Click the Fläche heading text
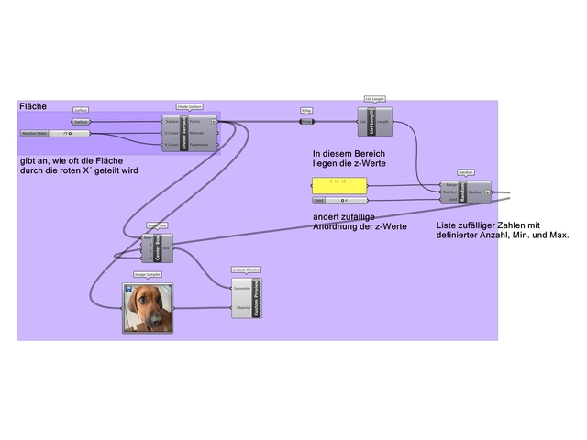tap(33, 107)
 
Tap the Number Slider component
tap(55, 133)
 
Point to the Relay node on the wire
tap(306, 120)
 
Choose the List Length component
tap(373, 121)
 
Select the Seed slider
tap(340, 199)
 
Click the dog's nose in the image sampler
tap(151, 316)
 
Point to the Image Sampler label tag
tap(147, 276)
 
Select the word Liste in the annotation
tap(449, 225)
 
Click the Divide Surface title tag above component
tap(190, 107)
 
